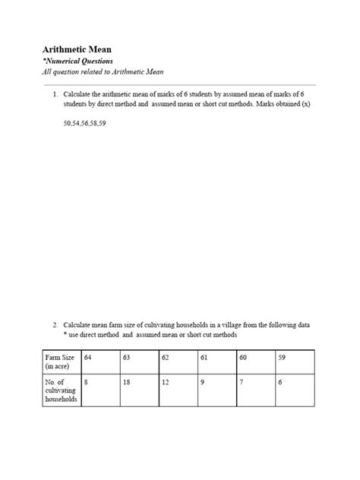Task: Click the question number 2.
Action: point(55,324)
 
